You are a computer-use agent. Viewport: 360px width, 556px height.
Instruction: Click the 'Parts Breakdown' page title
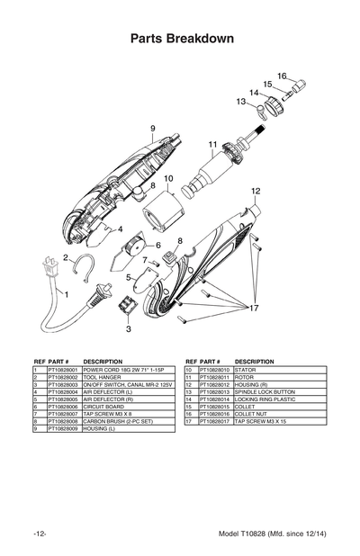point(182,40)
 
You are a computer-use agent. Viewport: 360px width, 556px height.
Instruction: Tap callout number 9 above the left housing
point(153,128)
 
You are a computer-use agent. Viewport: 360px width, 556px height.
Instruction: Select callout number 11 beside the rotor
point(213,144)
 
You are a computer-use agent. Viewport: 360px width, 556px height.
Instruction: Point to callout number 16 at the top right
point(281,76)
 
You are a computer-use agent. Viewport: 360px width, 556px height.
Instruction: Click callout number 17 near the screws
point(254,308)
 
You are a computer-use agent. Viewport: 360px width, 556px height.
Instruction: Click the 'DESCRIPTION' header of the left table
point(102,361)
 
